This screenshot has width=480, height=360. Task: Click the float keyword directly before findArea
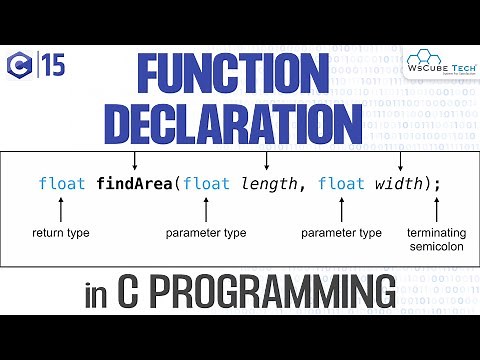pos(61,184)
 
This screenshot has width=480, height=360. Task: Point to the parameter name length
pos(272,184)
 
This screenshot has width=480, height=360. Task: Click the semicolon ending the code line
pos(437,184)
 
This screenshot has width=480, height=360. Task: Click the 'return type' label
pos(61,233)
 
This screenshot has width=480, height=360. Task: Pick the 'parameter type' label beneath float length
pos(206,233)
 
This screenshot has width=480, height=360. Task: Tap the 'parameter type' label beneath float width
pos(342,233)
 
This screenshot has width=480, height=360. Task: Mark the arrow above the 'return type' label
pos(61,209)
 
